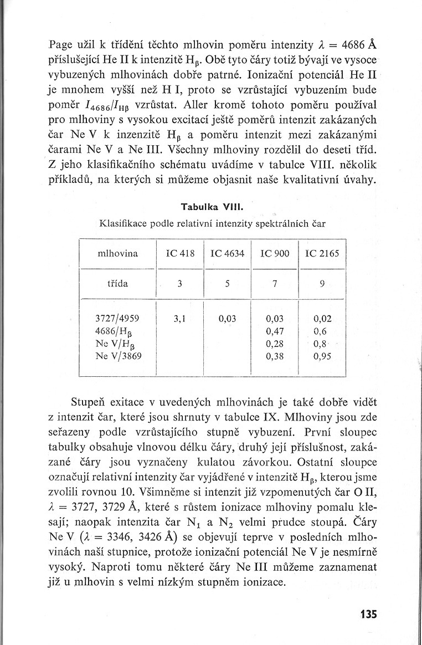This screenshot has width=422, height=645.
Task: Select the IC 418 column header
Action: tap(180, 254)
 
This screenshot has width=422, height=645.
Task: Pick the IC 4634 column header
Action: tap(228, 254)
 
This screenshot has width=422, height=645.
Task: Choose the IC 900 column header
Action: tap(275, 254)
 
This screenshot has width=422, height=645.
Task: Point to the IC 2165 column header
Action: tap(322, 254)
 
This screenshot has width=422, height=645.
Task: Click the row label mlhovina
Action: tap(118, 254)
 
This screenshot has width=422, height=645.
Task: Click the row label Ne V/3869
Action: tap(119, 357)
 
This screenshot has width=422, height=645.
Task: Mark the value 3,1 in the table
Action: tap(179, 319)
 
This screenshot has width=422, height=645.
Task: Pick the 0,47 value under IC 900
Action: tap(275, 331)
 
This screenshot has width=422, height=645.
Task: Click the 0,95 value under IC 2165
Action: tap(322, 357)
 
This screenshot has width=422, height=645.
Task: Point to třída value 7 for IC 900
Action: tap(275, 284)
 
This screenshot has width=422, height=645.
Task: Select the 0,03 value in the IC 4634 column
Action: tap(228, 319)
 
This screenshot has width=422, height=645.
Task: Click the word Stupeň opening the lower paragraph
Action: tap(89, 401)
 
